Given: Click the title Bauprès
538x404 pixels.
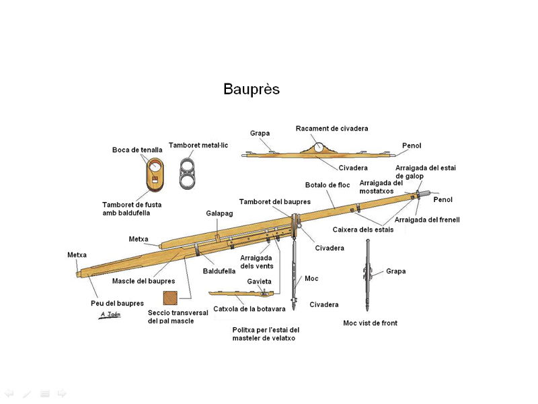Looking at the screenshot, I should click(x=252, y=90).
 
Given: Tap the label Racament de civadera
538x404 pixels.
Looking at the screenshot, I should click(x=332, y=129).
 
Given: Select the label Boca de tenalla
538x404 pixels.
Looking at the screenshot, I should click(x=137, y=150).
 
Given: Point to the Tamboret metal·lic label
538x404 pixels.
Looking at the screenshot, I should click(x=198, y=145).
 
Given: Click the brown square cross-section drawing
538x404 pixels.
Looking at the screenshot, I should click(x=171, y=298).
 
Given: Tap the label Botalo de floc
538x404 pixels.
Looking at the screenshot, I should click(x=327, y=185).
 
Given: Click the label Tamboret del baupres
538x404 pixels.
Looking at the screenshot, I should click(x=274, y=202).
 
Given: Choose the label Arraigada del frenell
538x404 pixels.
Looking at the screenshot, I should click(x=426, y=220).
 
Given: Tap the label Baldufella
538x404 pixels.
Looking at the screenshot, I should click(x=219, y=271).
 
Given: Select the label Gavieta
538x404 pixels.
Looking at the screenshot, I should click(x=259, y=281).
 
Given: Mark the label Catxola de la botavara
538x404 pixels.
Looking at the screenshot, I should click(x=249, y=309).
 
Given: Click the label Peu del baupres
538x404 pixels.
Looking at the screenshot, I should click(x=117, y=304).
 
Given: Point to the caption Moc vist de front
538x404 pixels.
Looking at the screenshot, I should click(x=370, y=323).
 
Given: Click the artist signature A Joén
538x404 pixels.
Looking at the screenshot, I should click(x=110, y=314).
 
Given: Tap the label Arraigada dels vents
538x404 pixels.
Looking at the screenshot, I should click(x=256, y=261).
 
